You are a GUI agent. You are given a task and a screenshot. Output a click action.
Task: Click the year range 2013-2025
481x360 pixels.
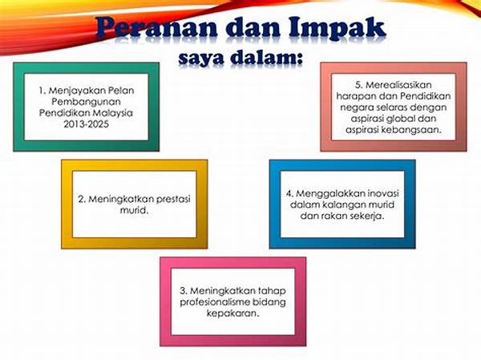(x=87, y=124)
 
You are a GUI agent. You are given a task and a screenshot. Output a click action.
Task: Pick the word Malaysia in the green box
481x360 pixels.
(x=112, y=113)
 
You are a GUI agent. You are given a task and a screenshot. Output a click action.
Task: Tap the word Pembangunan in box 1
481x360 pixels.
(x=87, y=102)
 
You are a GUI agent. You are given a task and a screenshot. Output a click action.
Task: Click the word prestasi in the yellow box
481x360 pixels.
(x=173, y=200)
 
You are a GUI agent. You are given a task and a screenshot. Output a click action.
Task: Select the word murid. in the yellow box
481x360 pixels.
(x=135, y=211)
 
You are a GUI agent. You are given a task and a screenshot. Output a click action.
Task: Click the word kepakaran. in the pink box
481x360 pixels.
(x=232, y=313)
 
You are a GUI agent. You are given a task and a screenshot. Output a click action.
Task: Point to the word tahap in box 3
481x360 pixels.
(x=272, y=291)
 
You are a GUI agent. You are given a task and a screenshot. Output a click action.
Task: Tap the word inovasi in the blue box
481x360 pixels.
(x=383, y=193)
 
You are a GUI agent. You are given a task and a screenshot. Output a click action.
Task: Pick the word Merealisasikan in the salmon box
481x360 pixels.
(x=398, y=85)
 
